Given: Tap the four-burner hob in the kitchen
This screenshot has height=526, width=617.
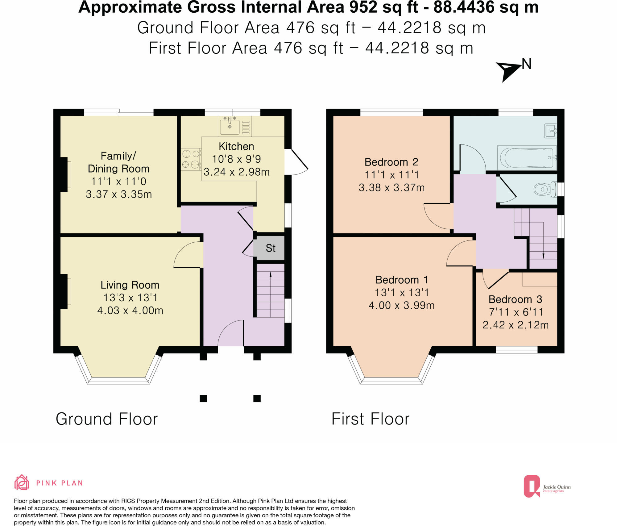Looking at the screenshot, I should tap(191, 159).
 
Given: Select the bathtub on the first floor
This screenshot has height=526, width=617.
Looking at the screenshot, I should tap(527, 158).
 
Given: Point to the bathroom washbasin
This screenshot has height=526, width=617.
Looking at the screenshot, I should tap(550, 131).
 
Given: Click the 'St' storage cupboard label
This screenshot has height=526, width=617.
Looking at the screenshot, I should tap(271, 248).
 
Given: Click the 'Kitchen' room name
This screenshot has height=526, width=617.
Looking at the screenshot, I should tap(236, 146).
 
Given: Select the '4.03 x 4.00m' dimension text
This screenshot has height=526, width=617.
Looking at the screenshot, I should tap(130, 311).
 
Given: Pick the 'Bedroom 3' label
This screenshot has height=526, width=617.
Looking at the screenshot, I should tap(515, 299).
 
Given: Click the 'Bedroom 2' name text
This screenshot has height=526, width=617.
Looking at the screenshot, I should tap(391, 162).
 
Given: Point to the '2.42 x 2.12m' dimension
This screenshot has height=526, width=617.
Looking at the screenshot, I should tap(516, 325).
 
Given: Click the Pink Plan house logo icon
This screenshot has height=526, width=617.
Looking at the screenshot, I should tap(22, 483).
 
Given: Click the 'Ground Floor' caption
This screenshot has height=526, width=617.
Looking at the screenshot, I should tap(106, 419).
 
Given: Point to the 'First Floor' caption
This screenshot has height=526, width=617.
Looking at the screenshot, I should tap(370, 419).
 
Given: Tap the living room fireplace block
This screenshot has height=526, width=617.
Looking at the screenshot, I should tap(64, 291).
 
